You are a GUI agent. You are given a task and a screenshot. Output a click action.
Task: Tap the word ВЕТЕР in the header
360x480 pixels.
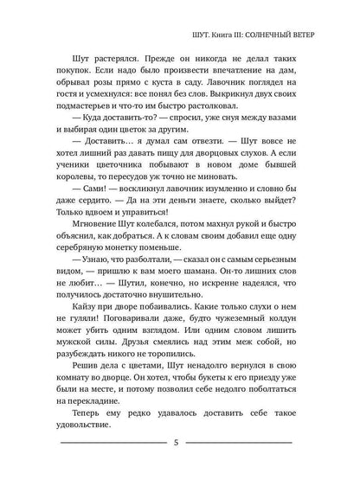click(312, 36)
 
